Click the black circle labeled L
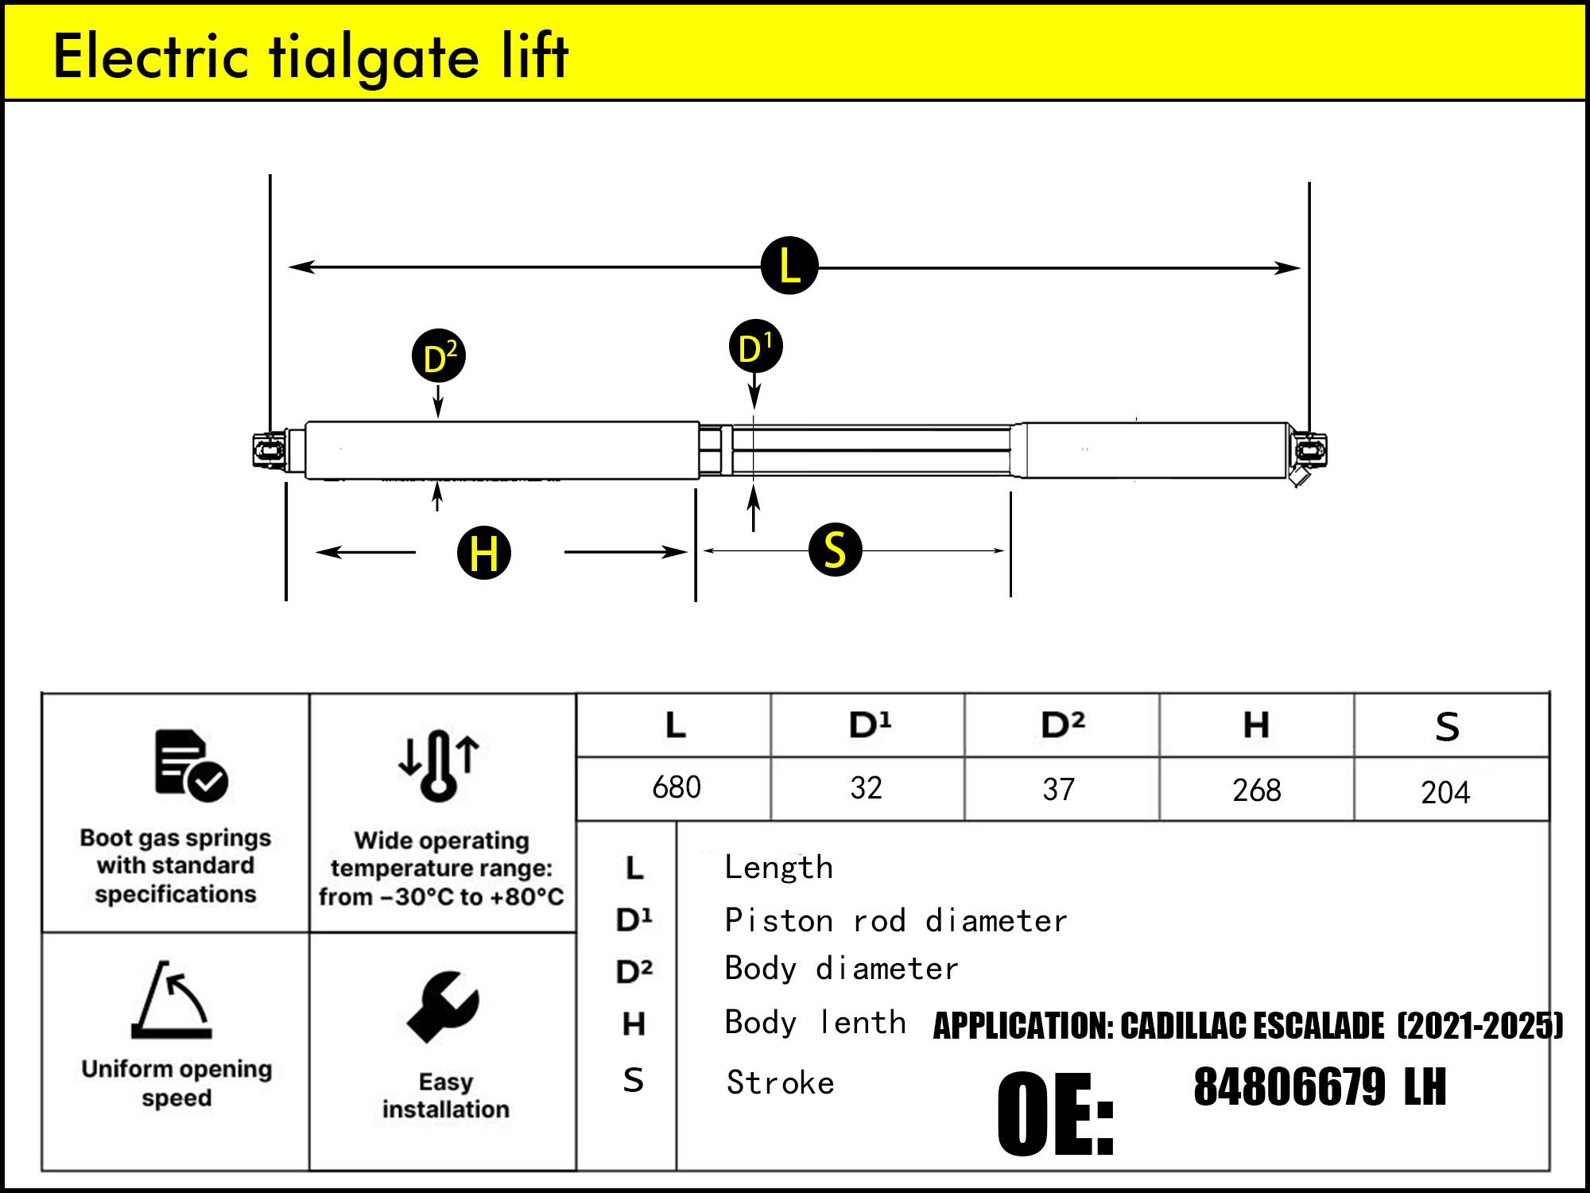click(x=789, y=266)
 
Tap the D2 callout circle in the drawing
click(x=439, y=356)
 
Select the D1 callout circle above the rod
click(x=755, y=347)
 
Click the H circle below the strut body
click(x=483, y=552)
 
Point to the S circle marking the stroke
click(x=835, y=550)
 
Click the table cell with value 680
click(x=676, y=787)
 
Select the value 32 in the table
click(x=866, y=788)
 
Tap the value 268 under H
click(x=1256, y=791)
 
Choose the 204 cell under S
click(x=1445, y=792)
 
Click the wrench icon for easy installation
click(x=443, y=1007)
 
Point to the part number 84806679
click(x=1290, y=1087)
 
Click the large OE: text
click(x=1056, y=1113)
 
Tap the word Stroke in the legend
click(x=780, y=1083)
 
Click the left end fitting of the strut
click(x=269, y=451)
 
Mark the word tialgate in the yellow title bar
click(x=374, y=57)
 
